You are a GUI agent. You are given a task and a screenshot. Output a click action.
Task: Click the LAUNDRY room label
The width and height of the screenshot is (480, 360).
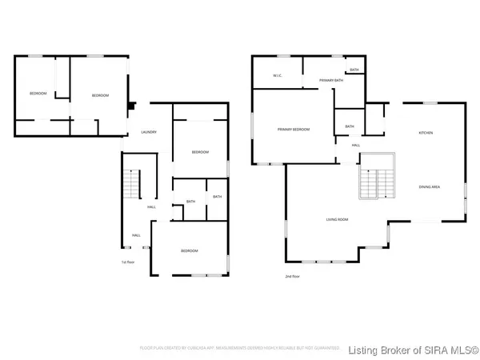coord(148,132)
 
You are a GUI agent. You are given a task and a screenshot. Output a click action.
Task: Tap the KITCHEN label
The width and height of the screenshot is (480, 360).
coord(426,132)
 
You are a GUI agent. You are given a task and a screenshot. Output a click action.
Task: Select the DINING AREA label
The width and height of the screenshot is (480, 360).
coord(429,187)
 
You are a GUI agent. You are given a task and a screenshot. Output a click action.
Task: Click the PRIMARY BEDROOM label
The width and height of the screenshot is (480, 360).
coord(293,130)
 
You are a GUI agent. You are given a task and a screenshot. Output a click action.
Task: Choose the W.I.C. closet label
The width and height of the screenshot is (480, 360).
coord(277,77)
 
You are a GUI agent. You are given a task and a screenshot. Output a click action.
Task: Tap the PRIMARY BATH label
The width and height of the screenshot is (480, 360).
coord(330,81)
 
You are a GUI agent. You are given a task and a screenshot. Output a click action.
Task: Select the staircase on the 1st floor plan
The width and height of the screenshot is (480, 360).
coord(130,186)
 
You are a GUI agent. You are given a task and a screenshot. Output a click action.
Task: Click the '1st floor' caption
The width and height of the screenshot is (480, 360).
coord(127,262)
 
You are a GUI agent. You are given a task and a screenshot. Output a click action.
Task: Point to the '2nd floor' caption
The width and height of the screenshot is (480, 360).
coord(292,276)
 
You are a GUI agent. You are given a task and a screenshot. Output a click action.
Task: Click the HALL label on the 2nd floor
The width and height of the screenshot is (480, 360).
coord(355,145)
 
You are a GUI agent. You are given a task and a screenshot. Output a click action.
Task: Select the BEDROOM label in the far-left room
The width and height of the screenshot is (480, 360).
coord(38,94)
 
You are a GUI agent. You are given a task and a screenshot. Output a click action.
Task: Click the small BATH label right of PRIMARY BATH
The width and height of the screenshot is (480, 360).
coord(354,70)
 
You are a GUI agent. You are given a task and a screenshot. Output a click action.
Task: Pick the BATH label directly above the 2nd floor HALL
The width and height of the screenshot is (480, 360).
coord(350,126)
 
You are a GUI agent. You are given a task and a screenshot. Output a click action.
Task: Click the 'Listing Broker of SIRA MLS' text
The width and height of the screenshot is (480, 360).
coord(413,349)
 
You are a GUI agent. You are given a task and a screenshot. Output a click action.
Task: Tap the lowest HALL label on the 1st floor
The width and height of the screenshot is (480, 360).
coord(136,235)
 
